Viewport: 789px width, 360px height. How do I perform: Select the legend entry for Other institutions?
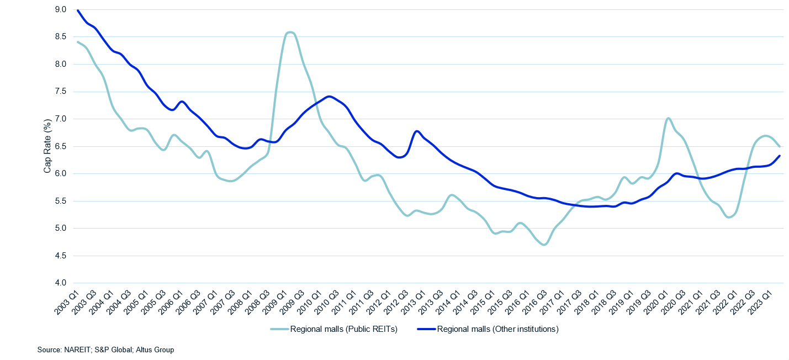(x=497, y=330)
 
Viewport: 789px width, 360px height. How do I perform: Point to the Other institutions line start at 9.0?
(x=78, y=10)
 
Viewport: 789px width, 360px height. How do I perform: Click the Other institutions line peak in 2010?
(x=330, y=97)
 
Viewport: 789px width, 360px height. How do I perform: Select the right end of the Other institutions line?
(x=780, y=156)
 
